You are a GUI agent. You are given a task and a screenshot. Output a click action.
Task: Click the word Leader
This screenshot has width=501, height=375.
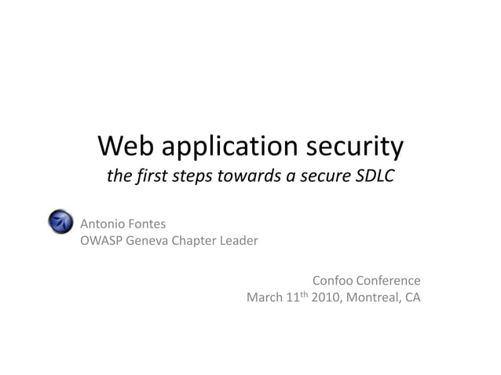coord(239,241)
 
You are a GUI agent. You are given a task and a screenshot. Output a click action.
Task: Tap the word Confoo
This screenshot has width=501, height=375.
coord(333,281)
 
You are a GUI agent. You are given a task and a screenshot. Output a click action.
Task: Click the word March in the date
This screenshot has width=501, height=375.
coord(265,298)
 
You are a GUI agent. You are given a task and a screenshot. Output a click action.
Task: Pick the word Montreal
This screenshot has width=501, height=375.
coord(371,298)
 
